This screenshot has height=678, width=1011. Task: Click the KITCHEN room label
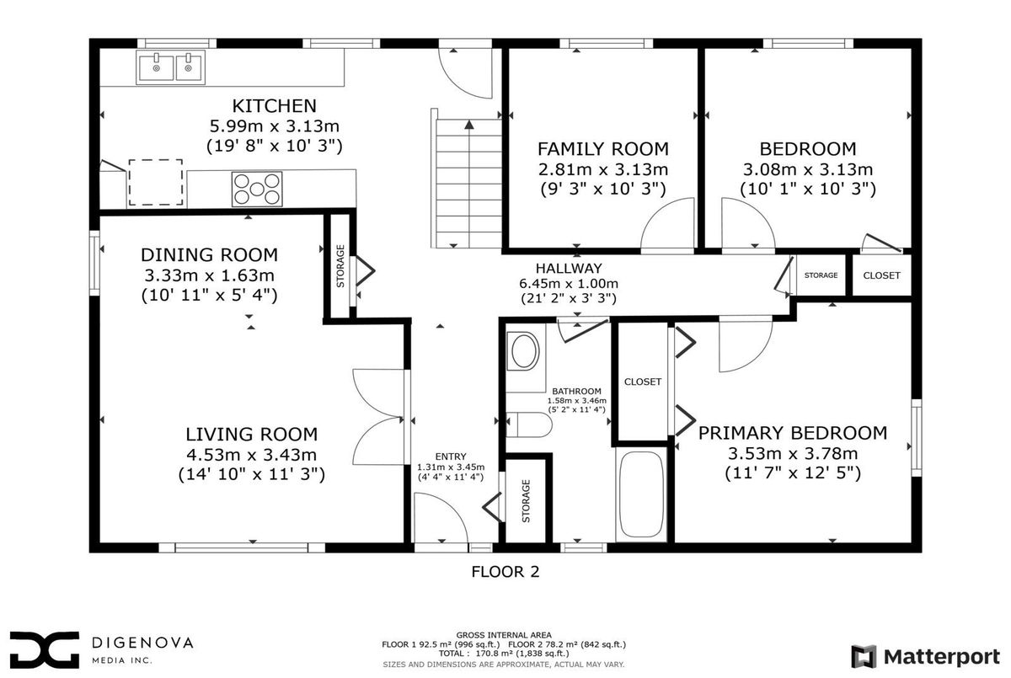tap(275, 106)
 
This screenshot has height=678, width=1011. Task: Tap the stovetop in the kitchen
tap(257, 189)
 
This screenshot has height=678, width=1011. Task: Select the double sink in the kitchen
tap(170, 67)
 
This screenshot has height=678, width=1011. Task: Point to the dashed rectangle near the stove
tap(156, 182)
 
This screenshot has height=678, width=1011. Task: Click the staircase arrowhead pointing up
tap(469, 125)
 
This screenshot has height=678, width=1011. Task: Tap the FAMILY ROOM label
tap(603, 149)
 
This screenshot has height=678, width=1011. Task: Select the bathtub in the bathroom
tap(641, 494)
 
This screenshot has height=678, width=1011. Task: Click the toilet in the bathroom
tap(529, 424)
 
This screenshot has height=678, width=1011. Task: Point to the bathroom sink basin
tap(523, 350)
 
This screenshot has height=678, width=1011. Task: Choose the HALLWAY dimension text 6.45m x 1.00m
tap(569, 284)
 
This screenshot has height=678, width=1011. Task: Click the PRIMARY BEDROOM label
tap(793, 433)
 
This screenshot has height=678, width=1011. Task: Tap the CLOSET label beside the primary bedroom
tap(643, 382)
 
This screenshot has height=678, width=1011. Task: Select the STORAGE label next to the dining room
tap(340, 265)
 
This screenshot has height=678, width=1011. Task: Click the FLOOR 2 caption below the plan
tap(505, 572)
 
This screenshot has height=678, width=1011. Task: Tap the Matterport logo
tap(925, 656)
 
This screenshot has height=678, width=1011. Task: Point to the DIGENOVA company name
tap(142, 643)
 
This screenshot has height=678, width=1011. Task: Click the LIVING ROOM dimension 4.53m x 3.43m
tap(251, 455)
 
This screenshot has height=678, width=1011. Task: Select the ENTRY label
tap(451, 456)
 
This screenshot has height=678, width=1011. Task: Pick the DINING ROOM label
tap(209, 255)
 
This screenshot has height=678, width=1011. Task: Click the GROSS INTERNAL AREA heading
tap(504, 635)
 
